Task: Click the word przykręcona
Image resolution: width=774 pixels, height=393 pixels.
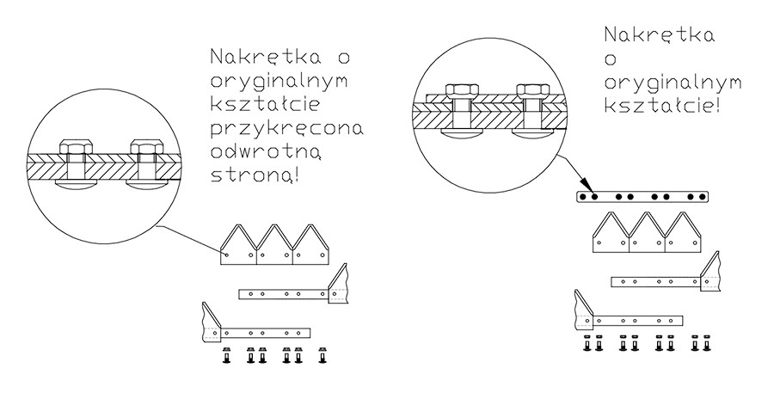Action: (286, 130)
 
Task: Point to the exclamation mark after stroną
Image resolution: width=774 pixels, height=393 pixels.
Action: (296, 176)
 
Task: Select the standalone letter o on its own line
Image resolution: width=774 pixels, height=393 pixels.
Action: (611, 59)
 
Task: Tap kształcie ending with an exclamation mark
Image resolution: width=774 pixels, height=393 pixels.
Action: (661, 105)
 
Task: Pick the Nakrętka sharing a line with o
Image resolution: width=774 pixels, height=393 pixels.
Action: (267, 57)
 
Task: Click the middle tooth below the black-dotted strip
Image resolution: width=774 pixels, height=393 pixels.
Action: (647, 232)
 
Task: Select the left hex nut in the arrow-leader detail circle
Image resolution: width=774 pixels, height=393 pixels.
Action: (462, 91)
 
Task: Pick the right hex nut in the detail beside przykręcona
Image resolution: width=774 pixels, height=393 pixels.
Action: (146, 148)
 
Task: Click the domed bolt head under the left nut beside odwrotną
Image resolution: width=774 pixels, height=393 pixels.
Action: (76, 184)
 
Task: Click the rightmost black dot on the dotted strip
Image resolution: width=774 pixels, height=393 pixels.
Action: (703, 197)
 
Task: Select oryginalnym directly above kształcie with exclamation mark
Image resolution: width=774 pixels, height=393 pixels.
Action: (673, 83)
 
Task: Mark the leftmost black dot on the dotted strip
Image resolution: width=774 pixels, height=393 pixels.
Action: (583, 197)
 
